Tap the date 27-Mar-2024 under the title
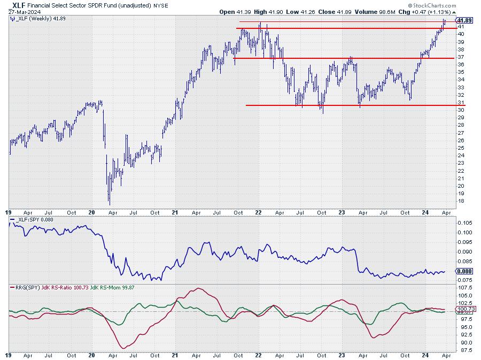(x=25, y=12)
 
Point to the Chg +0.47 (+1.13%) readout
(x=422, y=12)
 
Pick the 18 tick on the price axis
(x=460, y=201)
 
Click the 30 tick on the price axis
(x=460, y=110)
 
